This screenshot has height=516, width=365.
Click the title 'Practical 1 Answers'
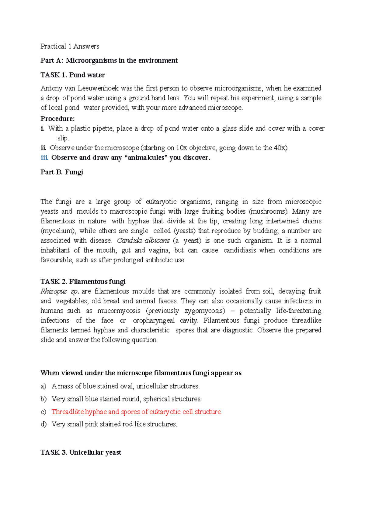70,46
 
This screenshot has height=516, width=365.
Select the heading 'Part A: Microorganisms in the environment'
109,60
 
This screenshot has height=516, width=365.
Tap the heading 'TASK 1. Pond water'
72,75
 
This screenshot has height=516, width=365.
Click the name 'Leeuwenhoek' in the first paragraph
98,88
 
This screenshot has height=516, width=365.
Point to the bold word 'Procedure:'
57,119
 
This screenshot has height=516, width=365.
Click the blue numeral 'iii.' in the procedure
44,157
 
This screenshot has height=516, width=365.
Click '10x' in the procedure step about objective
182,148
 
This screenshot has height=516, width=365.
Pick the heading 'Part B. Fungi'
62,172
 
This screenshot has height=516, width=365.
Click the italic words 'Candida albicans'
143,241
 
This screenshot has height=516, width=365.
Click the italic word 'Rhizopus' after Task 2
54,291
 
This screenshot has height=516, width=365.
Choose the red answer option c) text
137,412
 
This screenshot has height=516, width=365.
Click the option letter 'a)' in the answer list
43,386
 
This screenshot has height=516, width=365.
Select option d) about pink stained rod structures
114,424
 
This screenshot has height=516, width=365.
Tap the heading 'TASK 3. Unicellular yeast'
81,452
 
